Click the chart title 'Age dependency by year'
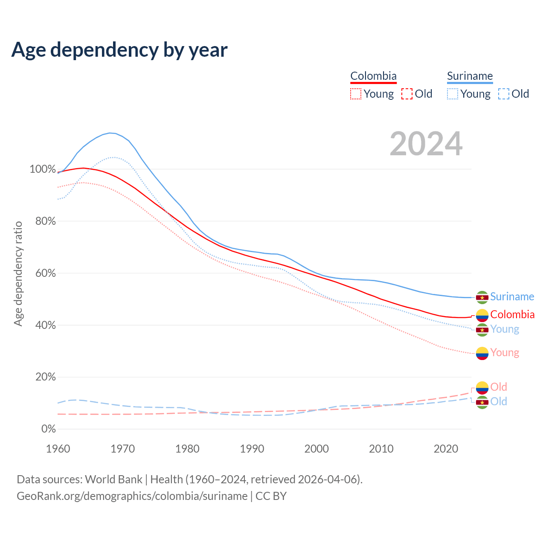[119, 49]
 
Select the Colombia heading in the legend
[373, 76]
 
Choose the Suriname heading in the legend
[470, 76]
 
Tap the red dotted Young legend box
[356, 94]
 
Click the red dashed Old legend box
[407, 94]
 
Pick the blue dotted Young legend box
[453, 94]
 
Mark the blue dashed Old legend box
[504, 94]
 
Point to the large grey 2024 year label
[426, 144]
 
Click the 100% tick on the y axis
[43, 169]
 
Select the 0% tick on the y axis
[48, 429]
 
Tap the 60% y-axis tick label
[45, 273]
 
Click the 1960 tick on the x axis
[58, 449]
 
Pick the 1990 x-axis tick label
[252, 449]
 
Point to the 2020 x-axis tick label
[446, 449]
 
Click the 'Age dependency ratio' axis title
[18, 273]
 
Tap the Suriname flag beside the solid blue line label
[482, 297]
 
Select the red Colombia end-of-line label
[512, 314]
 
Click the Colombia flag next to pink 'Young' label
[482, 353]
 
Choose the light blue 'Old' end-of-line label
[499, 401]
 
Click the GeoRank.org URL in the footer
[132, 496]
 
